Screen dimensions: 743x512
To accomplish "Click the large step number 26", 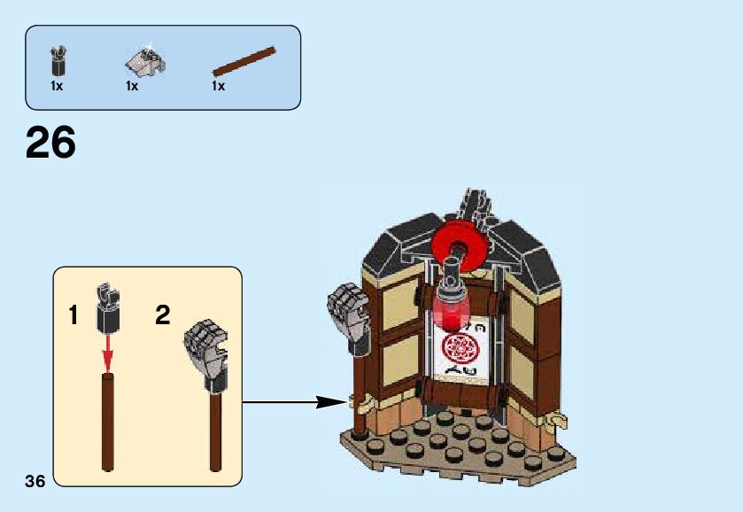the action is point(51,143).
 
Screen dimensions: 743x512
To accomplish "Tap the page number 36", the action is point(35,481).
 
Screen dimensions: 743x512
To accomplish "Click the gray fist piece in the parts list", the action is point(143,60).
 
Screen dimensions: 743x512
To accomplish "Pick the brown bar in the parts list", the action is point(244,61).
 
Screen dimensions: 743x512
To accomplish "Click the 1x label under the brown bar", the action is point(218,86).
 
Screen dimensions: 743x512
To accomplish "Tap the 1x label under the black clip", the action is point(58,86).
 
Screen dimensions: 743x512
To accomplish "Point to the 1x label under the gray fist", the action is point(132,86).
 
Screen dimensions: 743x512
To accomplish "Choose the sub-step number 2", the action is point(162,314).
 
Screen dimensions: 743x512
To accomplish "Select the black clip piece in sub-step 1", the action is point(108,307).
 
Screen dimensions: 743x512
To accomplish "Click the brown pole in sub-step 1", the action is point(108,421).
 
